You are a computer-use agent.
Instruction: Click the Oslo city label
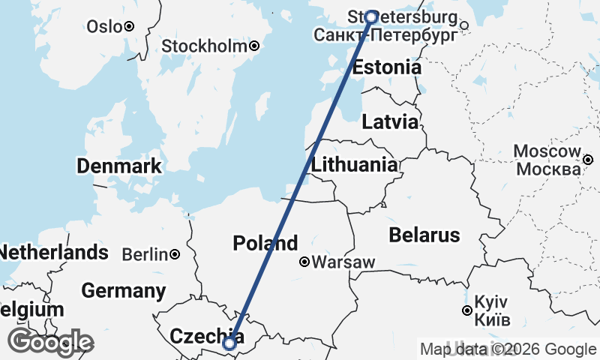click(103, 26)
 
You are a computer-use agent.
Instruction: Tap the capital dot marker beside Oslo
click(129, 26)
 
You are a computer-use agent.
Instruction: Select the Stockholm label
click(205, 46)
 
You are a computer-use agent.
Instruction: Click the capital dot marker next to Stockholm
click(255, 46)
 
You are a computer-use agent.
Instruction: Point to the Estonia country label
click(387, 67)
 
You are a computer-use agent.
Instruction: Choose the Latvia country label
click(390, 122)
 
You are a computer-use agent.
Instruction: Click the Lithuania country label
click(355, 165)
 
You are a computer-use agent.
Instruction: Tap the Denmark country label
click(119, 166)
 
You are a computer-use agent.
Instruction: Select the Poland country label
click(265, 244)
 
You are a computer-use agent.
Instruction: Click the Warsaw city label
click(343, 262)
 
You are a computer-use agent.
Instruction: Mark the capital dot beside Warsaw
click(304, 262)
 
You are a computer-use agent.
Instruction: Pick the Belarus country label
click(424, 235)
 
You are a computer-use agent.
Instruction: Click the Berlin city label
click(145, 255)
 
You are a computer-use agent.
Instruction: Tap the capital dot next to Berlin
click(175, 255)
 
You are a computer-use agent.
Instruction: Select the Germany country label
click(124, 291)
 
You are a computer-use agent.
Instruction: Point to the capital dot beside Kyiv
click(467, 310)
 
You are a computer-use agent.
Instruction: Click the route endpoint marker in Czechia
click(230, 343)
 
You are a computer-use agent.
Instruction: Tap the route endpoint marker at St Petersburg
click(370, 16)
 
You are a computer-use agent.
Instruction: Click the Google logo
click(51, 342)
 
